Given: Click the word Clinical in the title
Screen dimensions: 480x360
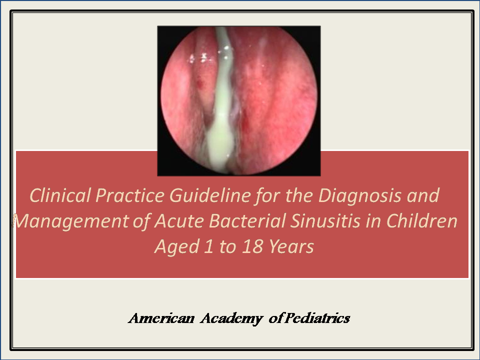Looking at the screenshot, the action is pos(60,195).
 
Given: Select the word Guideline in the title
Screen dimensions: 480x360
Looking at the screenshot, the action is pos(210,195).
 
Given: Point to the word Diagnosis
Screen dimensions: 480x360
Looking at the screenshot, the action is pos(359,196).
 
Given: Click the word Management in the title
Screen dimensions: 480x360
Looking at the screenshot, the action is pos(70,221).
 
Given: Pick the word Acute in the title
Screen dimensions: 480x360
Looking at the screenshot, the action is pos(179,221).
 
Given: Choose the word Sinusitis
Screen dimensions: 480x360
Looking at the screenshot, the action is pos(325,221).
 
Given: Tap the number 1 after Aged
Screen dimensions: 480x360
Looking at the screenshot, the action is pos(208,246).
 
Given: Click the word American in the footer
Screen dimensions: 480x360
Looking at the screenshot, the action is pos(161,318).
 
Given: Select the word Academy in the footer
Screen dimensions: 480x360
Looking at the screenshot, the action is pos(231,319).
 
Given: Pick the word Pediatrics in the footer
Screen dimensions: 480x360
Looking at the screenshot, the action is pos(317,318).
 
